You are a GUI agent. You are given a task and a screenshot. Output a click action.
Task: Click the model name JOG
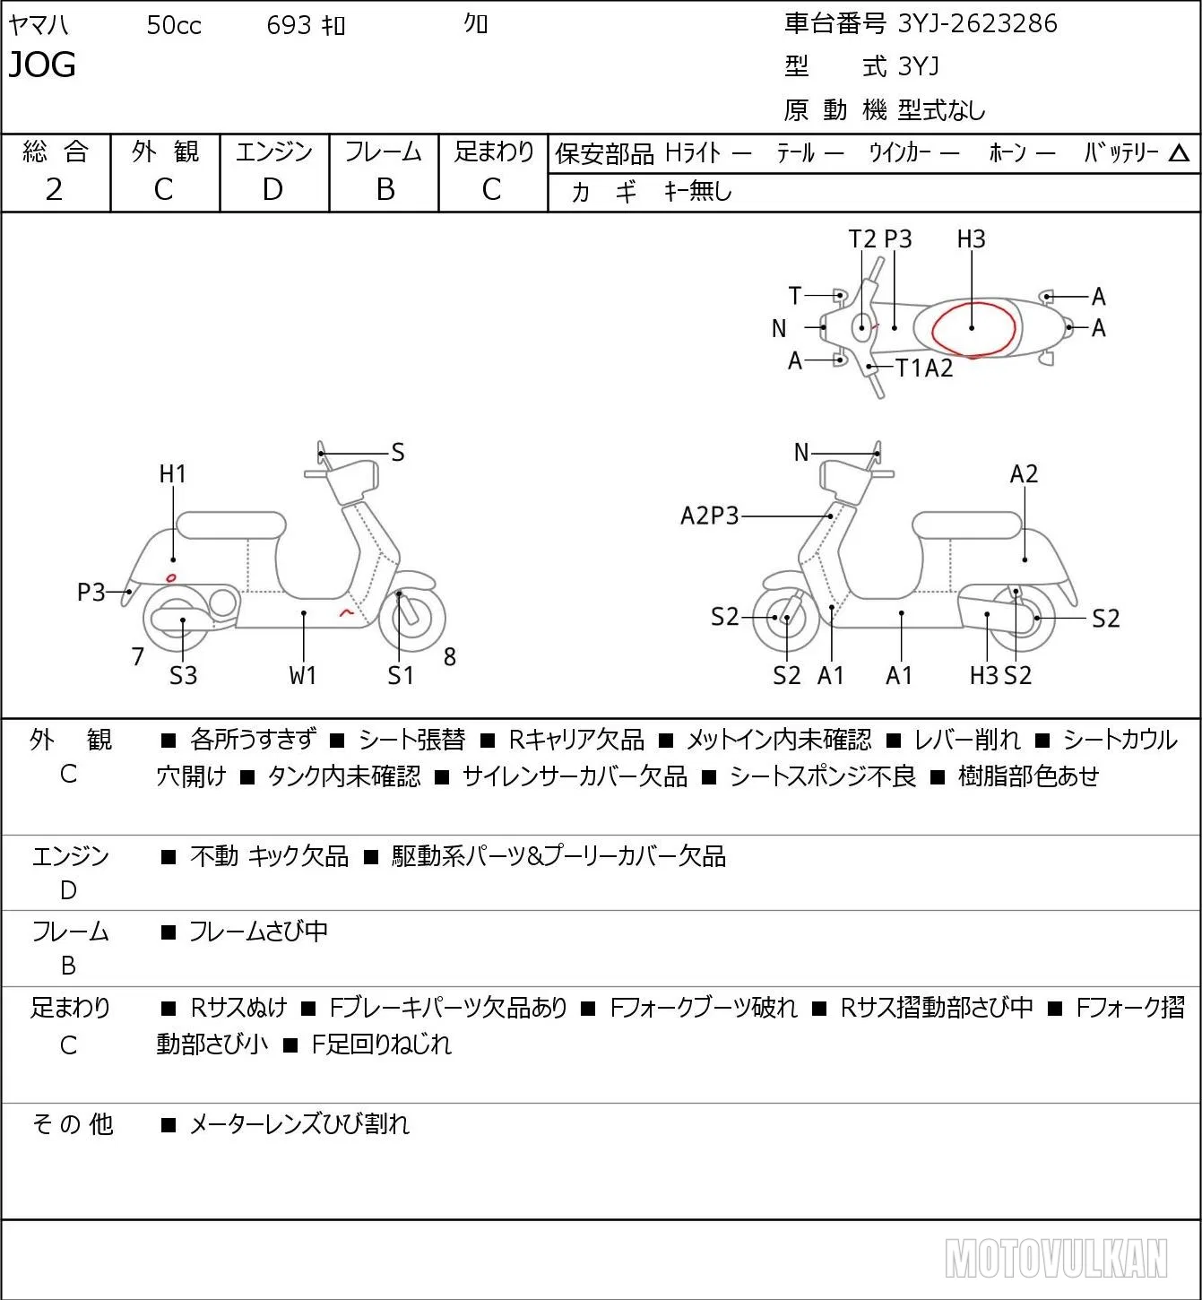click(42, 65)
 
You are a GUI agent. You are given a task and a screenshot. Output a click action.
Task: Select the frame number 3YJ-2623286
click(977, 23)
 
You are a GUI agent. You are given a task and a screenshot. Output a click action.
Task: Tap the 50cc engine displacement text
click(174, 25)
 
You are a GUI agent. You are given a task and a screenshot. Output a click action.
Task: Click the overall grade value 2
click(55, 189)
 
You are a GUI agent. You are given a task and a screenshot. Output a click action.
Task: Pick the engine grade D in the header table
click(272, 189)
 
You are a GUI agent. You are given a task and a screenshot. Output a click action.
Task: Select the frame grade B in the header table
click(385, 189)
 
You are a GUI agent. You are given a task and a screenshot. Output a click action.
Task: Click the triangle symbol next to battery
click(1179, 153)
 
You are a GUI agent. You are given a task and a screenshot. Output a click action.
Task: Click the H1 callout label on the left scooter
click(173, 473)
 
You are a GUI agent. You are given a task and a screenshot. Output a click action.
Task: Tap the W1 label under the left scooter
click(302, 675)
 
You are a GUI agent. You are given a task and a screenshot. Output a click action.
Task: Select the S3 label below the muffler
click(184, 675)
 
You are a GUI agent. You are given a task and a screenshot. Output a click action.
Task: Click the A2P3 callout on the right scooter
click(709, 516)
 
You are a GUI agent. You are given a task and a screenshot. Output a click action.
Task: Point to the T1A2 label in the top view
click(924, 368)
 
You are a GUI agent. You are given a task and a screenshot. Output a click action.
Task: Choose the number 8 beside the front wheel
click(449, 656)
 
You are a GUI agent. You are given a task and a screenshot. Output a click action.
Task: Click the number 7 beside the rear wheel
click(137, 656)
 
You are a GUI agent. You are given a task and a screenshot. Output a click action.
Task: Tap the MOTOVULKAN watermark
click(1056, 1259)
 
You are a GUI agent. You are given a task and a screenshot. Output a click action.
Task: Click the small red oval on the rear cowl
click(171, 577)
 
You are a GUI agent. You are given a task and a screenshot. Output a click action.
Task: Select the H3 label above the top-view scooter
click(971, 238)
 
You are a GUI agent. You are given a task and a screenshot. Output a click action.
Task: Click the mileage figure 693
click(288, 25)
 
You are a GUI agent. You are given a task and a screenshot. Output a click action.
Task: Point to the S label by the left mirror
click(397, 453)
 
